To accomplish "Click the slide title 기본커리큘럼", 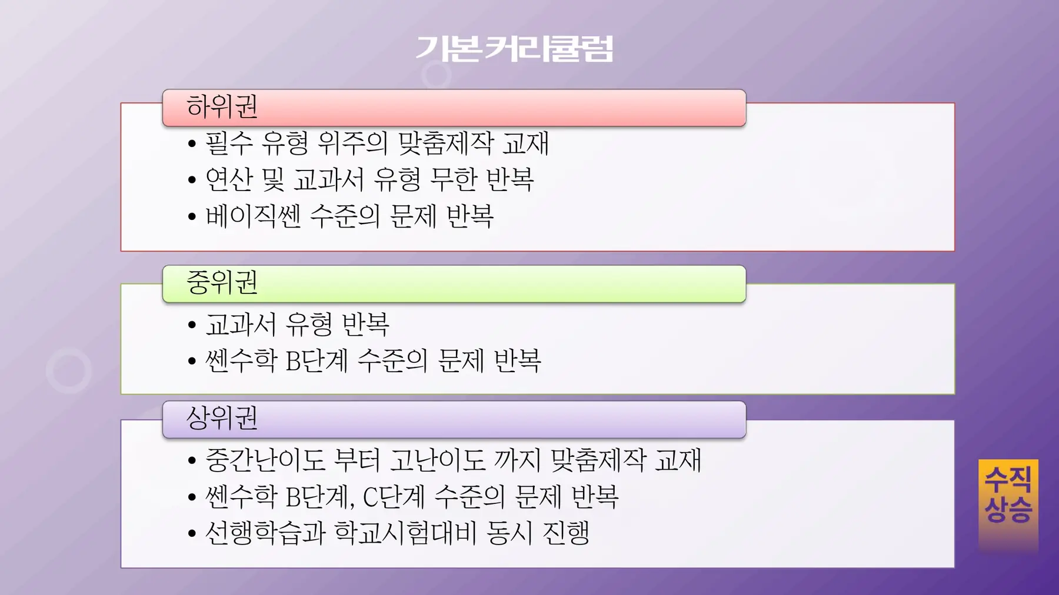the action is [x=515, y=48].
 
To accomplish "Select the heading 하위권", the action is [x=222, y=106].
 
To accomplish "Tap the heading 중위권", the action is [x=222, y=282].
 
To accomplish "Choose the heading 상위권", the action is [x=222, y=418].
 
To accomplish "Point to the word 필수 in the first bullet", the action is [x=229, y=143].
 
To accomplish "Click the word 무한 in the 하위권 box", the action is [x=454, y=179].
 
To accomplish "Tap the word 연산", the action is [x=229, y=179].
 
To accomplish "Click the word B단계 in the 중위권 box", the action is [x=317, y=360].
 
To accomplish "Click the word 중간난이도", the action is [x=265, y=460].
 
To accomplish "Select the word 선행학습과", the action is [x=265, y=533].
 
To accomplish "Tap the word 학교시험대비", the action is [x=405, y=533].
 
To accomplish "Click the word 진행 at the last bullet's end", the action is [x=566, y=533].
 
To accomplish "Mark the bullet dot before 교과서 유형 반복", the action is [x=192, y=325].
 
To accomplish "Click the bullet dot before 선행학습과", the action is [x=192, y=534].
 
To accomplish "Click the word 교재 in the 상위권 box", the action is [x=678, y=460].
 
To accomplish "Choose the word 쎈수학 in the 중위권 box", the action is [x=241, y=360].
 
